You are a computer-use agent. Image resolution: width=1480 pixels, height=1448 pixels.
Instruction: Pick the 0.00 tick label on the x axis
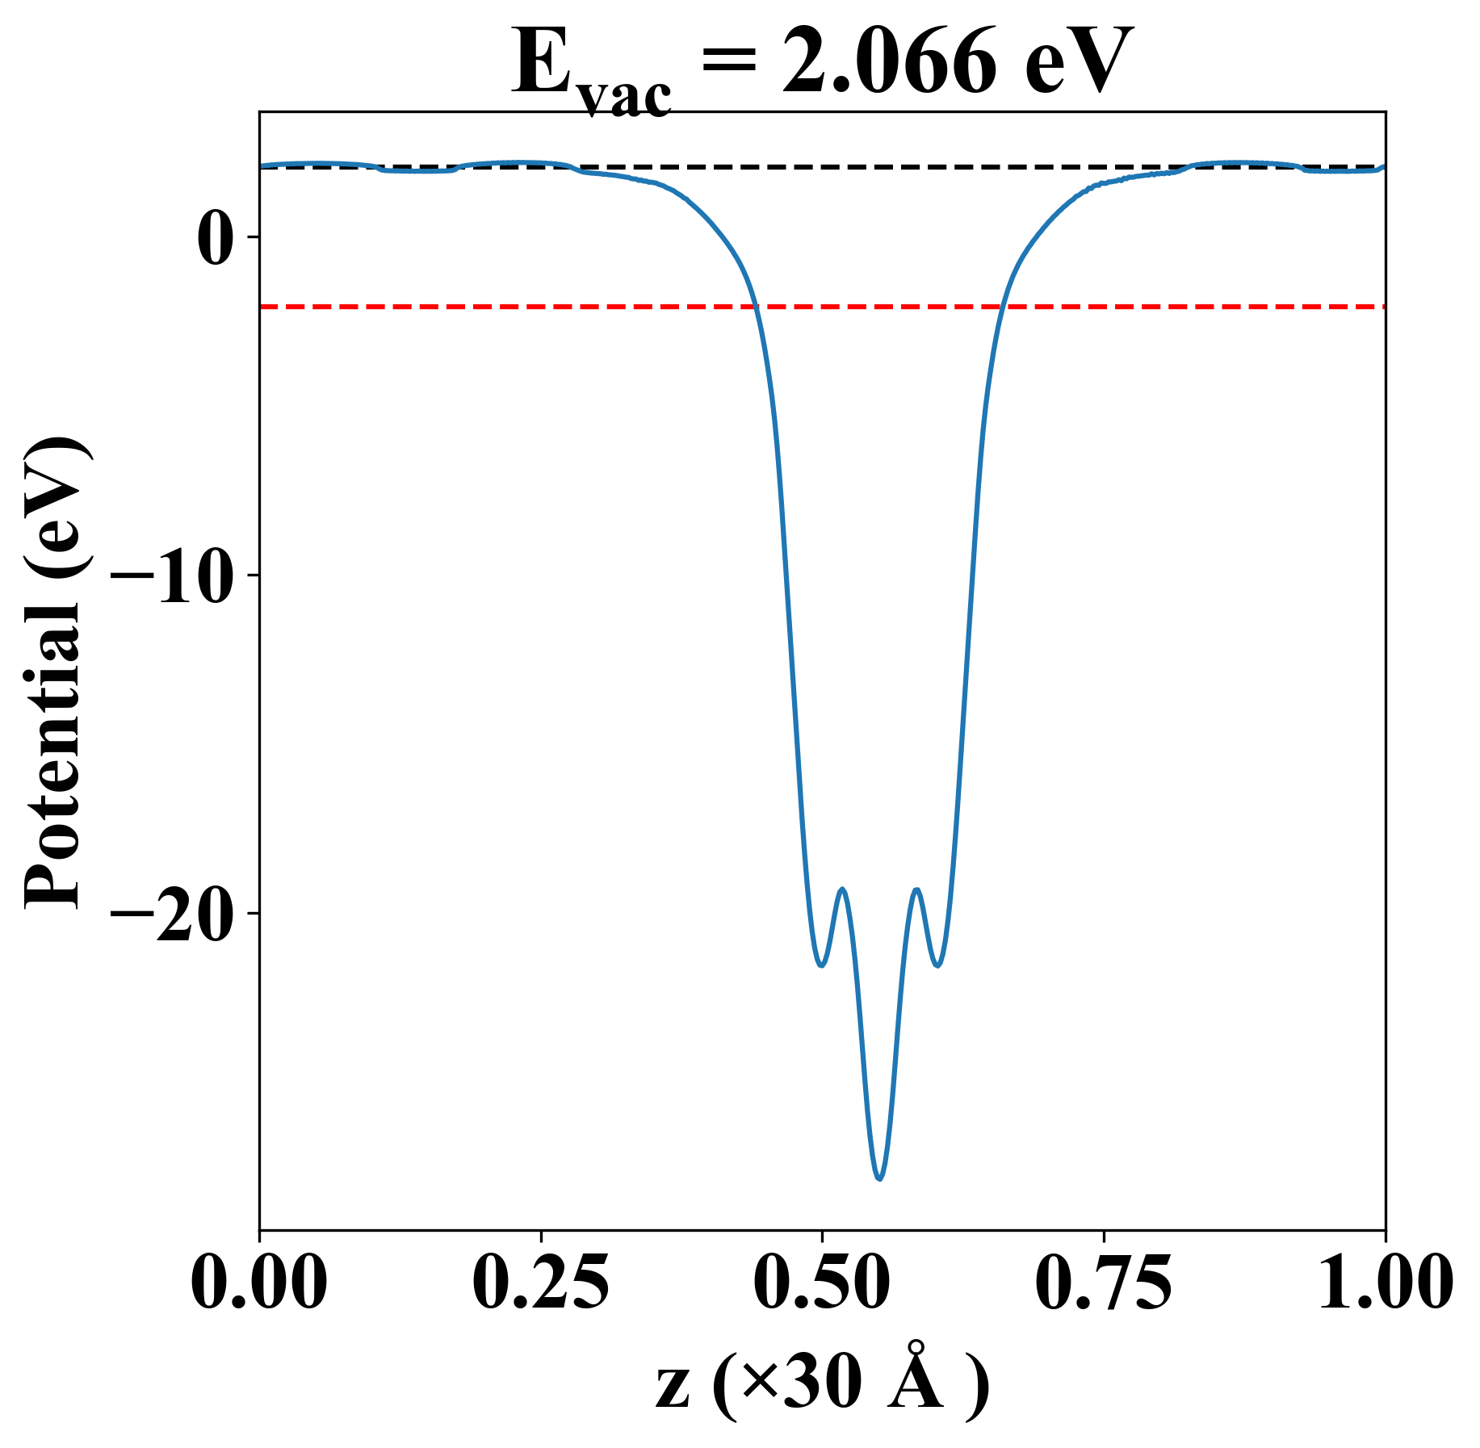click(x=259, y=1282)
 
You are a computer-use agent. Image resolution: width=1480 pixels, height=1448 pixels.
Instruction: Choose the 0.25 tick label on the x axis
click(x=540, y=1282)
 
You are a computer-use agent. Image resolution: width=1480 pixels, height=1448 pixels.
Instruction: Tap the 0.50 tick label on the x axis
click(x=822, y=1282)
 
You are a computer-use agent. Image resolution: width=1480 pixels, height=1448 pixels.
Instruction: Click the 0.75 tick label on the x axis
click(x=1103, y=1282)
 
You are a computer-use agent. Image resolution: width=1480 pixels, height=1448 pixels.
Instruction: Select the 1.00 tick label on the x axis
click(x=1385, y=1282)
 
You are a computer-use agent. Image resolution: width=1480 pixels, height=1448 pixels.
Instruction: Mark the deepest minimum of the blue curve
click(x=879, y=1179)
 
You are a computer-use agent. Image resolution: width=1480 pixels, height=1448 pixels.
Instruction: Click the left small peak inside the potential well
click(x=843, y=889)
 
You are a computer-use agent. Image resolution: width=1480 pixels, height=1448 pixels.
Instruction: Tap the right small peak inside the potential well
click(x=916, y=889)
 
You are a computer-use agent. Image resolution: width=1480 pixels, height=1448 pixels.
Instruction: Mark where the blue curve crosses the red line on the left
click(x=756, y=307)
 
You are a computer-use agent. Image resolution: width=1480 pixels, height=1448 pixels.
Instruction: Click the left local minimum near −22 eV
click(x=821, y=965)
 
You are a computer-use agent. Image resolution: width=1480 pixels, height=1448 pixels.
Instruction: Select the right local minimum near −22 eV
click(x=937, y=965)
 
